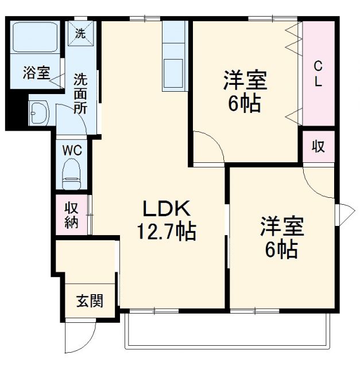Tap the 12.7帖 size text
click(x=166, y=232)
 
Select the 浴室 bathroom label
click(x=36, y=73)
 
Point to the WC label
click(x=72, y=150)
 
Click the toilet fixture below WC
click(x=72, y=173)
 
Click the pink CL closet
click(x=318, y=73)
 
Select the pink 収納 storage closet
click(x=72, y=215)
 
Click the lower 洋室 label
click(x=281, y=227)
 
